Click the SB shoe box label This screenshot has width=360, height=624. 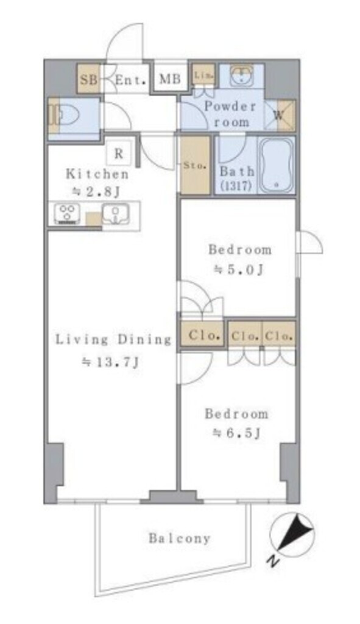coord(88,79)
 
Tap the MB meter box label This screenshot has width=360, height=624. coord(170,79)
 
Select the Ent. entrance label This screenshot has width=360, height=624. coord(130,80)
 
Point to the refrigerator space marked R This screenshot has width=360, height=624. coord(119,154)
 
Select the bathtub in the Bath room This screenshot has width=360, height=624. coord(276,165)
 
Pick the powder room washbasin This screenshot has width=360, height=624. coord(241,75)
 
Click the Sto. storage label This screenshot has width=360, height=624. coord(195,166)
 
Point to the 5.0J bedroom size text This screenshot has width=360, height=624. coord(239,270)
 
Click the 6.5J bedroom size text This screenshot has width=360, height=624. coord(237,433)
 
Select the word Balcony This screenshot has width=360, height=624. coord(180,539)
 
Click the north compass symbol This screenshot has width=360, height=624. coord(292,534)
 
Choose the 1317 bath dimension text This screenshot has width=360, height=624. coord(236,186)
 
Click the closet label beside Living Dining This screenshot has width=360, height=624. coord(205,335)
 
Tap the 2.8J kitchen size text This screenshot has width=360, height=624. coord(96,193)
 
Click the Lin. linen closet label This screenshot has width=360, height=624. coord(203,75)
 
